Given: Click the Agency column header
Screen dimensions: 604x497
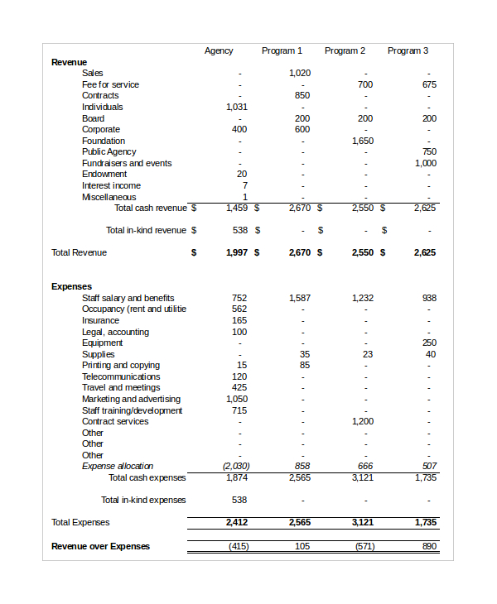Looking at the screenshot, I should [x=219, y=51].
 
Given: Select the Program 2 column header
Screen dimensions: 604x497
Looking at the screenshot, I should [x=345, y=51].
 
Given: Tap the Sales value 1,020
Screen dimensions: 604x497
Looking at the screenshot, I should [x=300, y=74].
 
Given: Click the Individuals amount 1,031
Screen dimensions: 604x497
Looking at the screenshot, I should [x=236, y=107].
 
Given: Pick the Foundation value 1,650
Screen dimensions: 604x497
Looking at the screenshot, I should [x=363, y=141].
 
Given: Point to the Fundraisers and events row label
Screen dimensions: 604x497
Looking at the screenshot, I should [x=127, y=163].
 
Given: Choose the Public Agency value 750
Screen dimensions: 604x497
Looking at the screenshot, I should [x=429, y=152].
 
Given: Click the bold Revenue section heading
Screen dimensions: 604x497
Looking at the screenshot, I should [x=69, y=62].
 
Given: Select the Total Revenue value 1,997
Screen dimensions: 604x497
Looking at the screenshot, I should [x=236, y=252].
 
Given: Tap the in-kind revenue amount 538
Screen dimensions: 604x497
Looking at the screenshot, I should [x=240, y=230].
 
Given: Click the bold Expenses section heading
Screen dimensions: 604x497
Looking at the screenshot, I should [x=71, y=286].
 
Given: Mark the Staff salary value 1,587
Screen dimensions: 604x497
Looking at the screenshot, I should [x=300, y=298].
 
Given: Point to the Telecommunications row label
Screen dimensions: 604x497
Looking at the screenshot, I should [x=121, y=376].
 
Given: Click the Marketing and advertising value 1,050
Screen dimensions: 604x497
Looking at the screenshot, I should [x=236, y=399].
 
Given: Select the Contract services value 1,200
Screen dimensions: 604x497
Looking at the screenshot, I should [x=363, y=421].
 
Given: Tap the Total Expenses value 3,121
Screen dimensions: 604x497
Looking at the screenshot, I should [x=363, y=523].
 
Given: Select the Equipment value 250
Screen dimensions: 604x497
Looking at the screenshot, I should [x=429, y=343].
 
